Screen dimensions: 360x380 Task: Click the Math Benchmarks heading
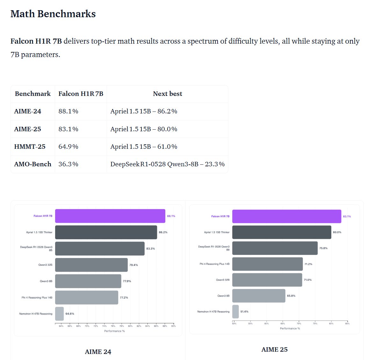click(x=53, y=14)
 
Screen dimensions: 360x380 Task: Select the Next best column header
click(x=167, y=94)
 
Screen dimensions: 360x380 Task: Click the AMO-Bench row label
click(x=32, y=164)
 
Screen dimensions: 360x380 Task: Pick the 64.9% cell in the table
click(x=68, y=147)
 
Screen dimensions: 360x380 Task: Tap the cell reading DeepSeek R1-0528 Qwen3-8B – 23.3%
click(x=167, y=164)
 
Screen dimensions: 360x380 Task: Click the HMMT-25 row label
click(x=30, y=147)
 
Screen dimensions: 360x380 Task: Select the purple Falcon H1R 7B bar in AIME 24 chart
click(x=110, y=216)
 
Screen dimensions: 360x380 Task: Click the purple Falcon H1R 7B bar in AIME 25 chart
click(x=286, y=216)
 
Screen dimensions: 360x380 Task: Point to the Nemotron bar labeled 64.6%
click(x=59, y=314)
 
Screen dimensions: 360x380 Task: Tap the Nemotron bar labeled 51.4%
click(x=235, y=312)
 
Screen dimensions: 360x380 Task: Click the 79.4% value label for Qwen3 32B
click(x=133, y=265)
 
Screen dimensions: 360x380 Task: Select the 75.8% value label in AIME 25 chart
click(x=323, y=248)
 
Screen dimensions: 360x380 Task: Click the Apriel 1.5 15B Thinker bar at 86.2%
click(x=106, y=232)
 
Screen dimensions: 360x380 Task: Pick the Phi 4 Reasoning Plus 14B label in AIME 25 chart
click(x=214, y=264)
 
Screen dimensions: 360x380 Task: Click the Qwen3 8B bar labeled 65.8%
click(x=258, y=296)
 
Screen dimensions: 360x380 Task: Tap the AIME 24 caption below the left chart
click(x=98, y=352)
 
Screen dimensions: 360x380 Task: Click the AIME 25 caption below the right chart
click(x=274, y=349)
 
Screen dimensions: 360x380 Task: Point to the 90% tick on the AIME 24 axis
click(x=173, y=326)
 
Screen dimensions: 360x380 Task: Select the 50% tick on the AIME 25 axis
click(x=234, y=324)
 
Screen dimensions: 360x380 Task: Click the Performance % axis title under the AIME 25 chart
click(x=290, y=328)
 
